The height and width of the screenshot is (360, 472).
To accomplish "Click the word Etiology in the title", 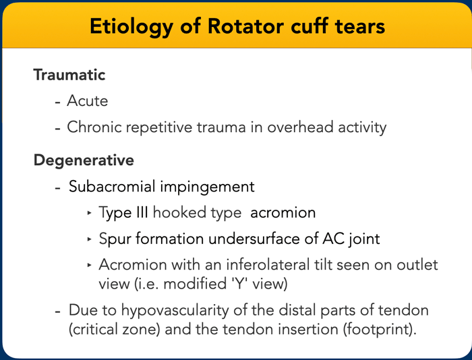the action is [x=131, y=27].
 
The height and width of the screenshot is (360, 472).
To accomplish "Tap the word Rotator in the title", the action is [x=245, y=26].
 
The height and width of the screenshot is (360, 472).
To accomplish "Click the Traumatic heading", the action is [x=69, y=75].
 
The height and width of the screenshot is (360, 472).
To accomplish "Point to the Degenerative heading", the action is [x=84, y=160].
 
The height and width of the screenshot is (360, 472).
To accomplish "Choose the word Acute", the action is [x=87, y=100].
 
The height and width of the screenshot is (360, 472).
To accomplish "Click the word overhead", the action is [x=300, y=127].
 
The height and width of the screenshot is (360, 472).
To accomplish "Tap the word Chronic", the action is [x=94, y=127].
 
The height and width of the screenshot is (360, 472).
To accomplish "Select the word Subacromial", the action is [x=112, y=186].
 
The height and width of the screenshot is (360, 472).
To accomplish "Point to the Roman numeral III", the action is [x=142, y=212].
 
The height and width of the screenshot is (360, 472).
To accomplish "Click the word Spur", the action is [x=115, y=239].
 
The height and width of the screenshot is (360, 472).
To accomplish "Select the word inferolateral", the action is [x=268, y=265].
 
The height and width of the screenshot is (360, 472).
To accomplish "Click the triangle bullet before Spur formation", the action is [x=89, y=239].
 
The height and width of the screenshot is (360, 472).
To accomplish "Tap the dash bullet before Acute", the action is [x=58, y=102].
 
